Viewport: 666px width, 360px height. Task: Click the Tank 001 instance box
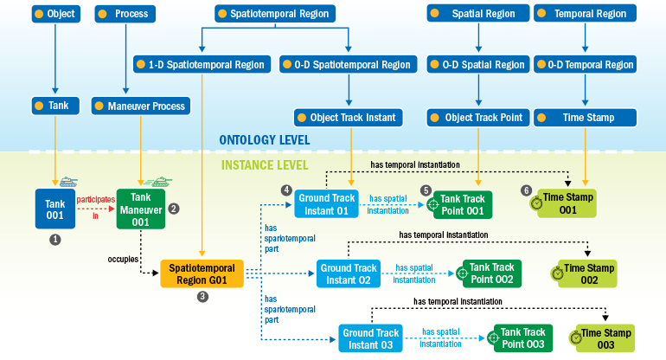click(x=55, y=209)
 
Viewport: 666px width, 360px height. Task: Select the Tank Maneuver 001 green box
click(x=140, y=209)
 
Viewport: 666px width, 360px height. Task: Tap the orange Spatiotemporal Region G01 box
click(x=202, y=274)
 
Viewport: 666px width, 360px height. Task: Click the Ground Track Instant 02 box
click(x=349, y=273)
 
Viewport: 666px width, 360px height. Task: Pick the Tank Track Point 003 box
click(x=522, y=338)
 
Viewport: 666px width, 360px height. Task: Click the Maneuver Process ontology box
click(x=140, y=106)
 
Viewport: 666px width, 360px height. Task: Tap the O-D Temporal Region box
click(x=585, y=65)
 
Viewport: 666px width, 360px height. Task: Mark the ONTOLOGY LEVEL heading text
click(x=264, y=140)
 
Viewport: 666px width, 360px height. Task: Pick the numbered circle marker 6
click(x=526, y=190)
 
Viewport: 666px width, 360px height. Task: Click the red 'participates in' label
click(x=95, y=207)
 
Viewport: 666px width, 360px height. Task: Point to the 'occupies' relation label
click(x=124, y=258)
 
